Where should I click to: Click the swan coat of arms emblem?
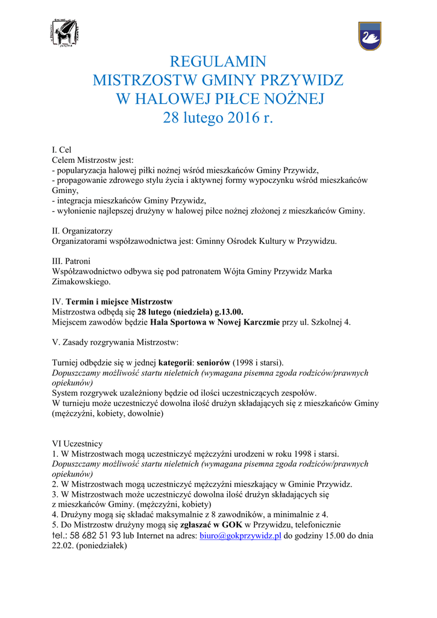(x=369, y=36)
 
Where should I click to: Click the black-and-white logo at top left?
(x=65, y=34)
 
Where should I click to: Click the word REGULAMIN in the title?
(x=218, y=62)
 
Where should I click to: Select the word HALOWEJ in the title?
(x=176, y=98)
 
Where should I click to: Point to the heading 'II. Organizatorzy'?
(x=83, y=231)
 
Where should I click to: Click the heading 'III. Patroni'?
(x=72, y=261)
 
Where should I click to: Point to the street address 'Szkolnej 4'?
(x=331, y=322)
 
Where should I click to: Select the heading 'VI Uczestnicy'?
(x=78, y=444)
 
